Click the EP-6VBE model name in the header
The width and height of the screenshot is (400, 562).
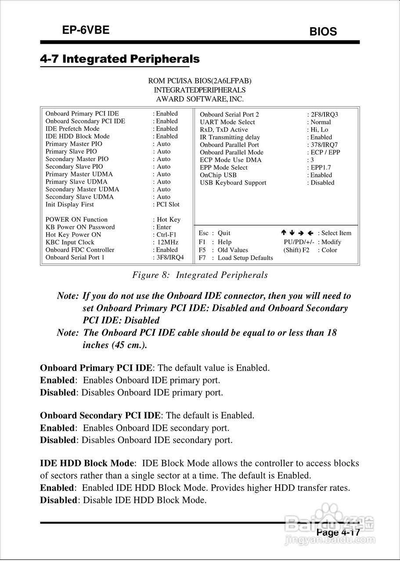click(x=86, y=30)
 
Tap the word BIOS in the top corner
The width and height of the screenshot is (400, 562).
click(x=323, y=32)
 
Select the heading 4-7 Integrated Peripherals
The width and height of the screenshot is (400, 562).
click(x=119, y=59)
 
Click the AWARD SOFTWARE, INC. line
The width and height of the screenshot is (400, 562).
click(x=200, y=99)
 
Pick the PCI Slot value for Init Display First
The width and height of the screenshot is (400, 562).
click(x=168, y=205)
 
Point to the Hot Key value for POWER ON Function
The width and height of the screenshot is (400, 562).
click(x=169, y=220)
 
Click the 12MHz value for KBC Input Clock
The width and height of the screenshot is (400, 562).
click(x=168, y=242)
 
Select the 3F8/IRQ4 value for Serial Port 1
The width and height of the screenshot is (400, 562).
click(x=170, y=257)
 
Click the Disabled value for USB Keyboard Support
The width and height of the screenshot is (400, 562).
click(x=322, y=183)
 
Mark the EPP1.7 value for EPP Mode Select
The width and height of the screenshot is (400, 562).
click(x=321, y=167)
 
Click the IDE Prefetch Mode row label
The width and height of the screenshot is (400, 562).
click(x=72, y=129)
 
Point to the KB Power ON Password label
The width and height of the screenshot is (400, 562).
click(x=80, y=227)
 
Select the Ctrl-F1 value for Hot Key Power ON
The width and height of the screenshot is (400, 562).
click(x=166, y=235)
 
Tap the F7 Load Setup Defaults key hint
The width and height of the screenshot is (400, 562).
click(x=236, y=258)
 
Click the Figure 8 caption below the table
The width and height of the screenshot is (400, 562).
click(x=200, y=275)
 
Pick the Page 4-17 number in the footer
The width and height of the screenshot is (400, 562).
click(x=338, y=533)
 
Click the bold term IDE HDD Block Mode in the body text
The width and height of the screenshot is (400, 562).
click(x=87, y=463)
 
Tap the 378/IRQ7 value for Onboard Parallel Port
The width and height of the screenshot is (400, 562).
click(x=324, y=145)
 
